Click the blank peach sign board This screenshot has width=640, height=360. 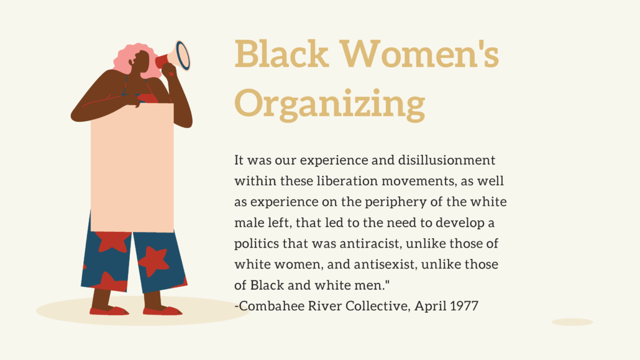132,167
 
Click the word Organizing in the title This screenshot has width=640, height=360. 330,104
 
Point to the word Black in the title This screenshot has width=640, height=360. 281,53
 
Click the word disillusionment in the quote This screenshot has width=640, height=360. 447,160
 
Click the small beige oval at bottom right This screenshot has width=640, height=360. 572,322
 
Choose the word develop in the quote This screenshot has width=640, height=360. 460,223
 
